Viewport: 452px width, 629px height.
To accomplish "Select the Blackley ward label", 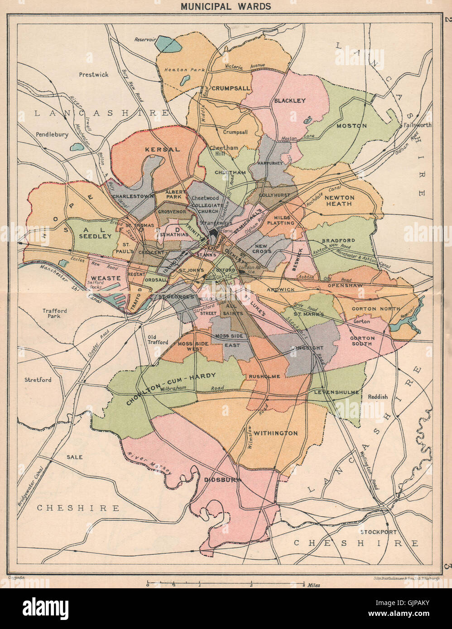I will click(x=290, y=100).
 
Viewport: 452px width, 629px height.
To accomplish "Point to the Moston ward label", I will click(x=351, y=125).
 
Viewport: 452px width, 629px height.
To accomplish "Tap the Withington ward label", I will click(x=275, y=433).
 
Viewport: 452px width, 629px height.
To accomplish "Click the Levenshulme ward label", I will click(x=337, y=392).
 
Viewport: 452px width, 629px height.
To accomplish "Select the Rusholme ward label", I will click(x=264, y=376).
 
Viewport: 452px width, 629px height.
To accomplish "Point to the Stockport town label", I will click(x=378, y=532).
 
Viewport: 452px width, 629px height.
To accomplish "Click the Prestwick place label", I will click(x=93, y=75).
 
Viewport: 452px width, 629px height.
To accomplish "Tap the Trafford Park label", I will click(x=55, y=314).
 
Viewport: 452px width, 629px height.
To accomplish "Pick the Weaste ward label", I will click(x=106, y=277).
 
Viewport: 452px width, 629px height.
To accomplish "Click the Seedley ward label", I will click(x=95, y=236).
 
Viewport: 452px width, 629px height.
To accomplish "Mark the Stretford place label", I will click(x=38, y=380).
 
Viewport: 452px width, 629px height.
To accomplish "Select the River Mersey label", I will click(x=149, y=464).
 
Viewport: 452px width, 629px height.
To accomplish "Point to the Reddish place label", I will click(x=378, y=396).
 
